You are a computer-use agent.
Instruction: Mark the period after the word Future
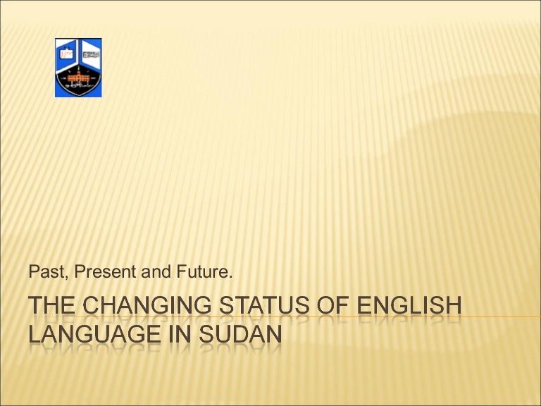(230, 275)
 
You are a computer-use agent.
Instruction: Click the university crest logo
(78, 68)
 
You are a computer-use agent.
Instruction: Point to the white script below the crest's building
(78, 86)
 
